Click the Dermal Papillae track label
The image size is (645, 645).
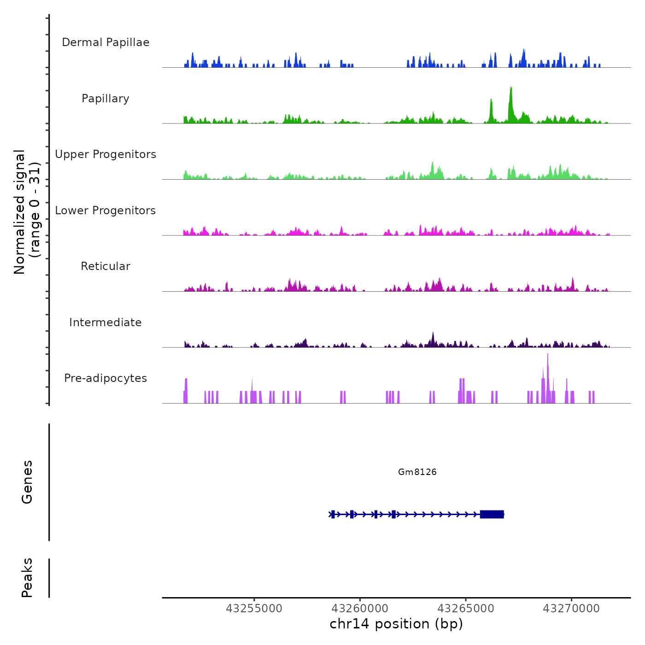coord(106,42)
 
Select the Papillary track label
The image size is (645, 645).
coord(106,99)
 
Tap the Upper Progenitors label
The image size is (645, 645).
coord(106,154)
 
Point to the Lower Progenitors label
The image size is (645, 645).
coord(106,211)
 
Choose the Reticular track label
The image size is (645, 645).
coord(106,266)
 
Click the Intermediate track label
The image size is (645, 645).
coord(106,322)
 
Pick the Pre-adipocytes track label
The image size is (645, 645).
coord(106,378)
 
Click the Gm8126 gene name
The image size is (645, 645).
coord(417,472)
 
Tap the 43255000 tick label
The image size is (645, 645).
coord(254,609)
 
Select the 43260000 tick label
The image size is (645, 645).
coord(360,609)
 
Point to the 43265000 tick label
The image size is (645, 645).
coord(465,609)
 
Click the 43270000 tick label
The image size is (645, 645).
coord(571,609)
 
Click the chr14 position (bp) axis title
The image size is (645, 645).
coord(396,624)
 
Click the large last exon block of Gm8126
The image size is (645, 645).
coord(492,514)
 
